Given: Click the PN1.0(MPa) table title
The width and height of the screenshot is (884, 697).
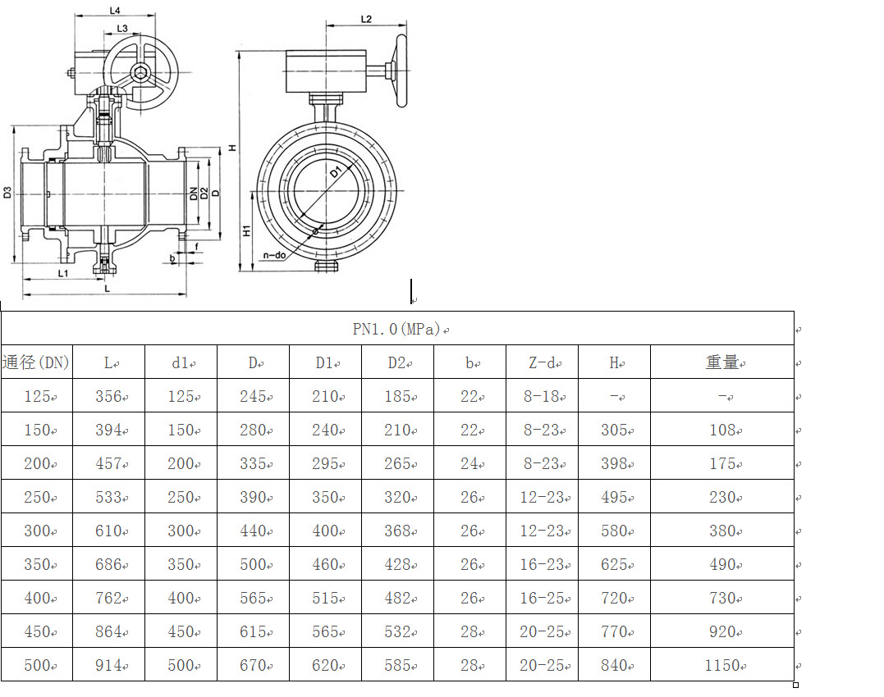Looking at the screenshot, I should click(397, 329).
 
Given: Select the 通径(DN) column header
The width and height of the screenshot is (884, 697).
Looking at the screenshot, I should click(36, 362).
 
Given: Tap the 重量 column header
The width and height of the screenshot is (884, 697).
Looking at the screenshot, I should click(722, 362).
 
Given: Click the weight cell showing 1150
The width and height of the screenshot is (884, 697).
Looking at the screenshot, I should click(722, 665).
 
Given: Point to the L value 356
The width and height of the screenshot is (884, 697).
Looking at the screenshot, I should click(108, 397).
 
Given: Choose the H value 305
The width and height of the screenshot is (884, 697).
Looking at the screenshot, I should click(613, 430).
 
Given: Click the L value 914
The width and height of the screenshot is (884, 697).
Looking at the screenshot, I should click(108, 665).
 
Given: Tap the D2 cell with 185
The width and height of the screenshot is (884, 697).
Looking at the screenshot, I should click(397, 397).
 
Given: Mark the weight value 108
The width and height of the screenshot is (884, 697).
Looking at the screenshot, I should click(722, 430).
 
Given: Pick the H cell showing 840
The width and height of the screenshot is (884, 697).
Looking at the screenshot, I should click(613, 665).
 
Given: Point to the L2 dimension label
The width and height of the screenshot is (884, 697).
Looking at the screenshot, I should click(366, 19).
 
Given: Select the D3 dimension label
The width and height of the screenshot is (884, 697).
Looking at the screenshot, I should click(7, 193).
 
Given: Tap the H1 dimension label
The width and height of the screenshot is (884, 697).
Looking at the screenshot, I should click(246, 232).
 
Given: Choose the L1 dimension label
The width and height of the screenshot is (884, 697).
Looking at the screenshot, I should click(63, 271).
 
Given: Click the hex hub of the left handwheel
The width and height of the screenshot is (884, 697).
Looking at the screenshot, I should click(142, 75).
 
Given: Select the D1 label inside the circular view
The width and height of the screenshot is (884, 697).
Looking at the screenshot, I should click(335, 173).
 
